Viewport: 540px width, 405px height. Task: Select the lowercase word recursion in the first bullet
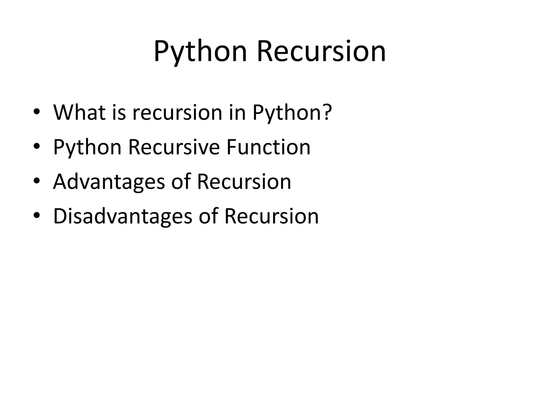coord(177,113)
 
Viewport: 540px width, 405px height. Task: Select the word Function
coord(268,147)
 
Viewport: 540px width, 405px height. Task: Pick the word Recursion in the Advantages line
coord(244,182)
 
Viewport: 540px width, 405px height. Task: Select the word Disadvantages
coord(123,216)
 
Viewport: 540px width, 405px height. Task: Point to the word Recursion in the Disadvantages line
coord(272,216)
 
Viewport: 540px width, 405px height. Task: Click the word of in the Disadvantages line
coord(208,216)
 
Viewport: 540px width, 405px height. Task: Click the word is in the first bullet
coord(119,113)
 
